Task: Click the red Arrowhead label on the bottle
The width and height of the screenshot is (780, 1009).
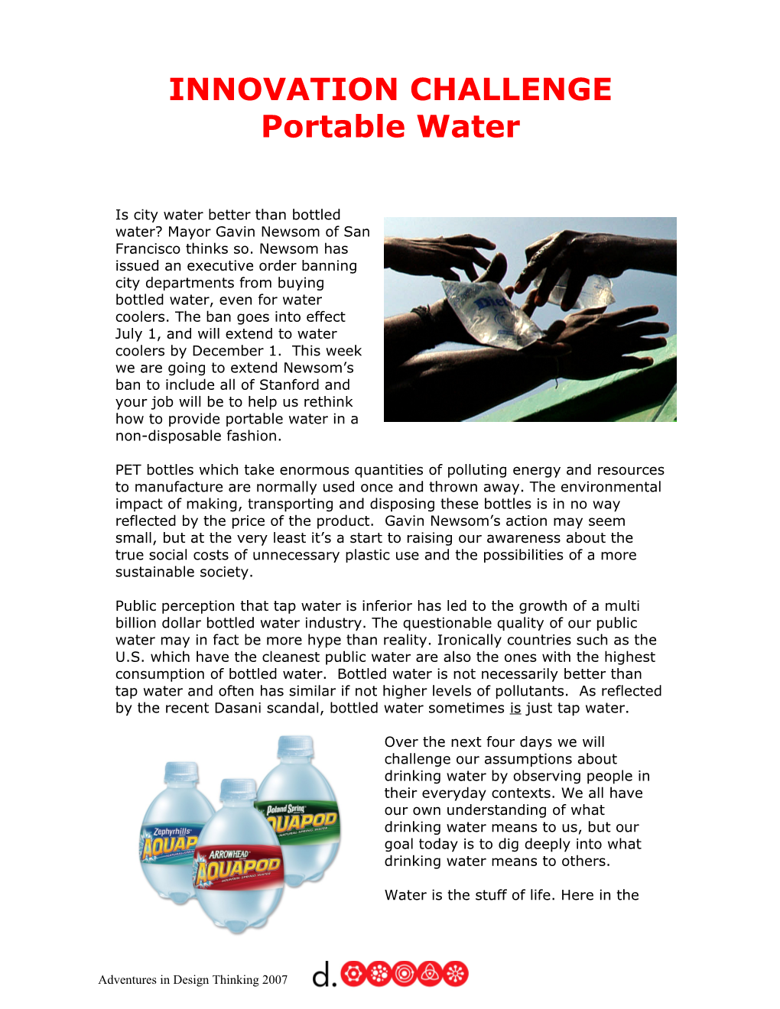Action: pos(238,867)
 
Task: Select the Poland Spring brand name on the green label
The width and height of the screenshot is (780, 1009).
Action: pos(285,809)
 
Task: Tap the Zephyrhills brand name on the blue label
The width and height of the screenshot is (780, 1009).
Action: pos(172,831)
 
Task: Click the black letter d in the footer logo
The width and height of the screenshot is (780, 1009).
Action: pos(323,975)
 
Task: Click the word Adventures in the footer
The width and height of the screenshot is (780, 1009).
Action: pos(128,980)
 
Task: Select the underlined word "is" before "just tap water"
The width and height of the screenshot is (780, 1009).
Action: pos(515,708)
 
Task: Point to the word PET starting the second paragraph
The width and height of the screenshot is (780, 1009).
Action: pos(128,470)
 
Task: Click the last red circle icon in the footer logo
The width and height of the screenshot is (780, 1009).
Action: pos(455,974)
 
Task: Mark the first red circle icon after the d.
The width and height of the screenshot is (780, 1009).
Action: pos(353,974)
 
